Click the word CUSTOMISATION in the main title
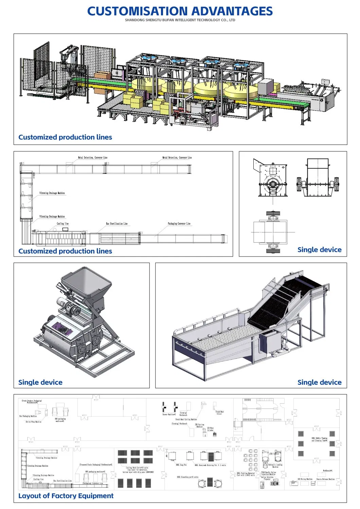(x=138, y=12)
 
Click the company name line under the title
(x=180, y=20)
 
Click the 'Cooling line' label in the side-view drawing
(x=62, y=224)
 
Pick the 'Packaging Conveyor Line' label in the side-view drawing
(x=179, y=224)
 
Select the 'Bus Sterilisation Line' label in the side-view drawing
(x=116, y=224)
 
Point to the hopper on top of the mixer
(x=86, y=282)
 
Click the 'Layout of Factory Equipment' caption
(x=66, y=496)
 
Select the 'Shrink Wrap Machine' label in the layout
(x=33, y=422)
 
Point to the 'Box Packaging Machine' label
(x=28, y=416)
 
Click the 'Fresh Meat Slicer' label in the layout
(x=219, y=413)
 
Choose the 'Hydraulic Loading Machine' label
(x=275, y=466)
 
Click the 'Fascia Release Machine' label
(x=325, y=479)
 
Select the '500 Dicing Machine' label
(x=305, y=479)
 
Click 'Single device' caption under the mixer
(x=40, y=382)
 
